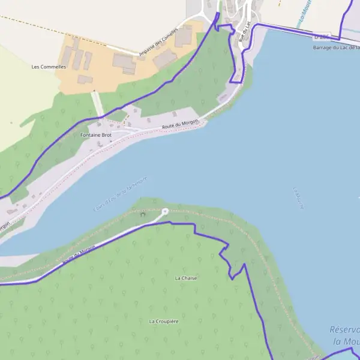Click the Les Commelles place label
[x=49, y=67]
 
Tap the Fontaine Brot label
[x=96, y=136]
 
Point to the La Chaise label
[x=186, y=278]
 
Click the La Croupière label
[x=164, y=322]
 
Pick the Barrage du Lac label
[x=336, y=47]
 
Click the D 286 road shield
[x=322, y=37]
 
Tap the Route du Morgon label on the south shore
[x=79, y=256]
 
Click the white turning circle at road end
[x=165, y=211]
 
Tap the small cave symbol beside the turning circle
[x=142, y=214]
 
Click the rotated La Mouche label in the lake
[x=298, y=198]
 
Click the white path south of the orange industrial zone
[x=97, y=103]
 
